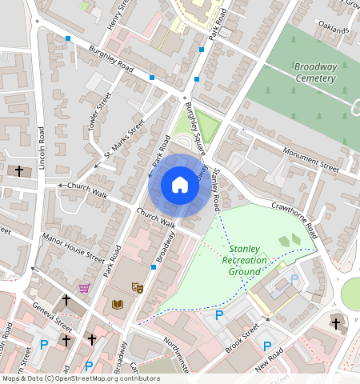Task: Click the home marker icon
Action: [x=180, y=186]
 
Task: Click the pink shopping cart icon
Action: [x=85, y=287]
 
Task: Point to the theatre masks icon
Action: [x=137, y=287]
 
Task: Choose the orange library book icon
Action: [x=118, y=304]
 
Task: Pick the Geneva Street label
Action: [x=53, y=315]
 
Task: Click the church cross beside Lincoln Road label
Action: [x=20, y=171]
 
